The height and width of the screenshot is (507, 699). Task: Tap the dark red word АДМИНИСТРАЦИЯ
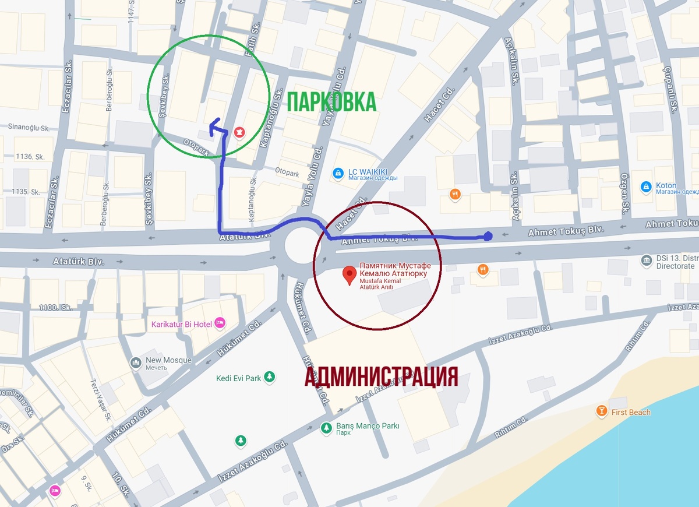coord(381,377)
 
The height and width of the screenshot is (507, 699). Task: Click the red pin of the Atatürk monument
coord(349,274)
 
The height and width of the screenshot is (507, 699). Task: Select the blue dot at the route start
coord(488,236)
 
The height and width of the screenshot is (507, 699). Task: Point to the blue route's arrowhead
coord(214,124)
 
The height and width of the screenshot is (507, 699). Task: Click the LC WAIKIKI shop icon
coord(337,173)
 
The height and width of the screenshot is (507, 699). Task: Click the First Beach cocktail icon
coord(601,412)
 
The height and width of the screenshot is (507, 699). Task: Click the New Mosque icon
coord(136,364)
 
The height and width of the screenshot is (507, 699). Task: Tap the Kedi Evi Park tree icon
coord(269,378)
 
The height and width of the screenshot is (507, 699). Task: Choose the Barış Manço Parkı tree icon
coord(327,429)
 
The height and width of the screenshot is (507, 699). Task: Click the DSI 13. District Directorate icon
coord(646,260)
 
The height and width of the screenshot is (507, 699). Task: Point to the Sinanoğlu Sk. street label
coord(29,126)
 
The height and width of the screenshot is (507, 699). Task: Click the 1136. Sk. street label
coord(31,157)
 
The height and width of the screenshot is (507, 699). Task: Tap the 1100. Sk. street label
coord(51,307)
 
